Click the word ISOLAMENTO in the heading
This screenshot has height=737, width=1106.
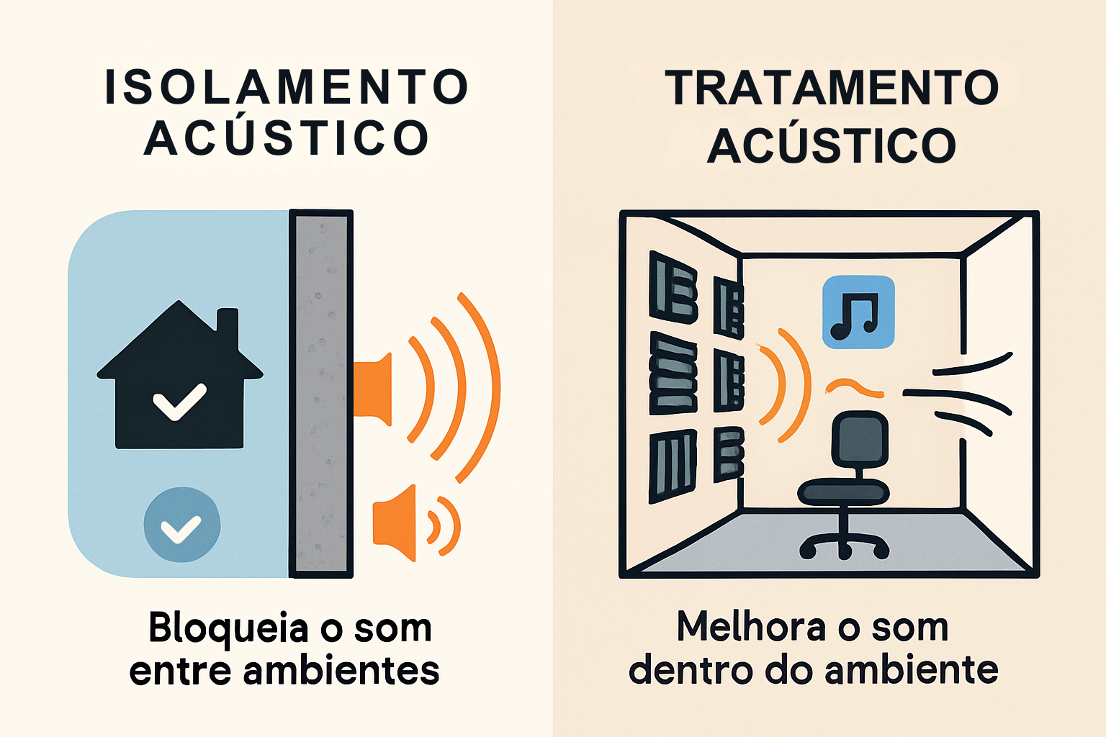coord(287,88)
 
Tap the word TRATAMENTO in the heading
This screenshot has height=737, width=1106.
coord(832,88)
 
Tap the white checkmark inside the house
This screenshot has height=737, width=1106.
coord(179,402)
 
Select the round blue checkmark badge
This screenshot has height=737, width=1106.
coord(181,525)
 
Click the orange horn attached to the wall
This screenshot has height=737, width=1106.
coord(374,389)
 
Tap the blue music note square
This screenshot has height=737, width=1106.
coord(858,312)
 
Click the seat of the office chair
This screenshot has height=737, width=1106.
coord(843,492)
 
